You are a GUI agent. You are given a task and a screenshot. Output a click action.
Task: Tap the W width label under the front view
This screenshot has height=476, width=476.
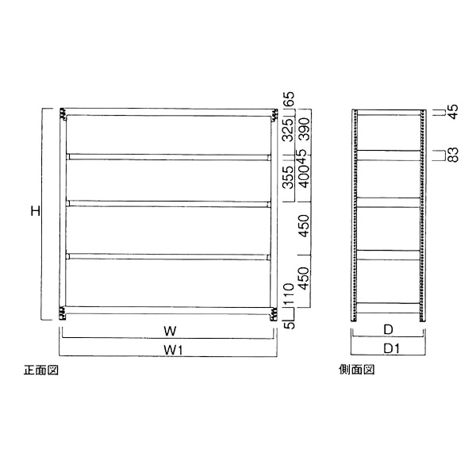click(169, 329)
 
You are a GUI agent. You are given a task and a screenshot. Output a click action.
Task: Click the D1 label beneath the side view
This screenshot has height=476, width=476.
click(388, 349)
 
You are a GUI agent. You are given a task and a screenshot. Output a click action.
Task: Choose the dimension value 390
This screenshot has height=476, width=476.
click(304, 128)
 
